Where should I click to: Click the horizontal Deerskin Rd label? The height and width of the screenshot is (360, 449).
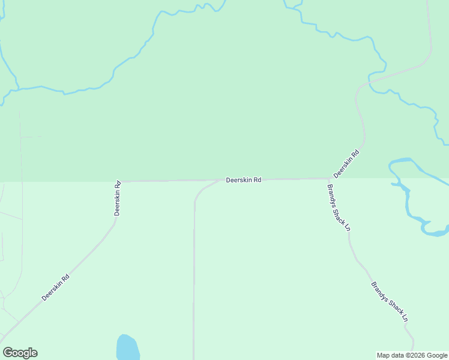coord(243,179)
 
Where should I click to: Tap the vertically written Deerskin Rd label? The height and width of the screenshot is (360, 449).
coord(118,198)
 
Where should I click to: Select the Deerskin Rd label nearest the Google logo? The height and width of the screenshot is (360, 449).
coord(56,287)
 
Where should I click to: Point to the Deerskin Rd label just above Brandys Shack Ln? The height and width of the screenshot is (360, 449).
coord(346,163)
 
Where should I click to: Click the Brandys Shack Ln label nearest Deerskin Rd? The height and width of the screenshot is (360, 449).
coord(339,207)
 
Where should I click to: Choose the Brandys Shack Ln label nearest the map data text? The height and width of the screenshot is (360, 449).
coord(390,302)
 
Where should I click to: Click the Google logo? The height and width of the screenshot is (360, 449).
coord(20,353)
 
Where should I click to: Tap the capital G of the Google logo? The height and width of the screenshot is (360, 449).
coord(8,352)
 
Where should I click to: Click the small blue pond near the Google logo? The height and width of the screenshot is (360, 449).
coord(127,348)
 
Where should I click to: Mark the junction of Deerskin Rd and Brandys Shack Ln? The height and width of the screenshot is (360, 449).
coord(328,178)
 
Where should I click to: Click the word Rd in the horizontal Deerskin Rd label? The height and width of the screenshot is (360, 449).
coord(256,179)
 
